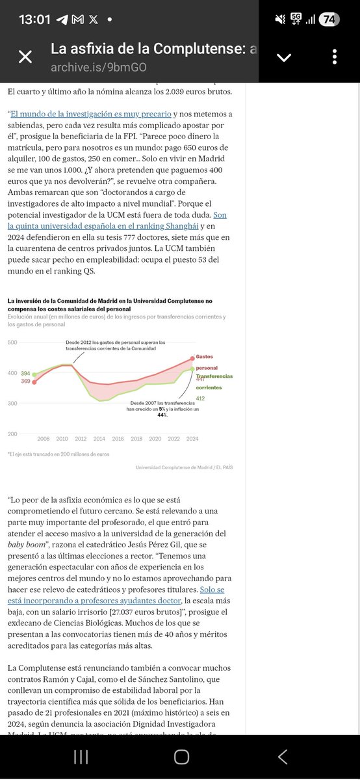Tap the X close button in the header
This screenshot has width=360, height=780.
[25, 57]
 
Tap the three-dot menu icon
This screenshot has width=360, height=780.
[335, 57]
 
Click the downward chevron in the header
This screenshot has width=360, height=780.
[284, 57]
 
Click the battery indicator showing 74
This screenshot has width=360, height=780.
[329, 19]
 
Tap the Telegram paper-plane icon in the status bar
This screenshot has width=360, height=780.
[62, 19]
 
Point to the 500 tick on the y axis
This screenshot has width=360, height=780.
[12, 342]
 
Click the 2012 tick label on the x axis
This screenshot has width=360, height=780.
[81, 439]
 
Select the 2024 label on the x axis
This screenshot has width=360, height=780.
[192, 439]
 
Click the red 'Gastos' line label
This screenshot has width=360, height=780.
[205, 357]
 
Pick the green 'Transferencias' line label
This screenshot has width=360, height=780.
[215, 376]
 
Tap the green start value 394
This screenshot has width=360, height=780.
[25, 374]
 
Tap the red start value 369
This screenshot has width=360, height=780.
[25, 381]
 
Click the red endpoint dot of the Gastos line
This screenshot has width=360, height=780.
[192, 357]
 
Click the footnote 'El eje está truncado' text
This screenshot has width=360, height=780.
[58, 454]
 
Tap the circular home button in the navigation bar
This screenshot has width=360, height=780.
[181, 756]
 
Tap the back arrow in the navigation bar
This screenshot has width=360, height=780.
[283, 756]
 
